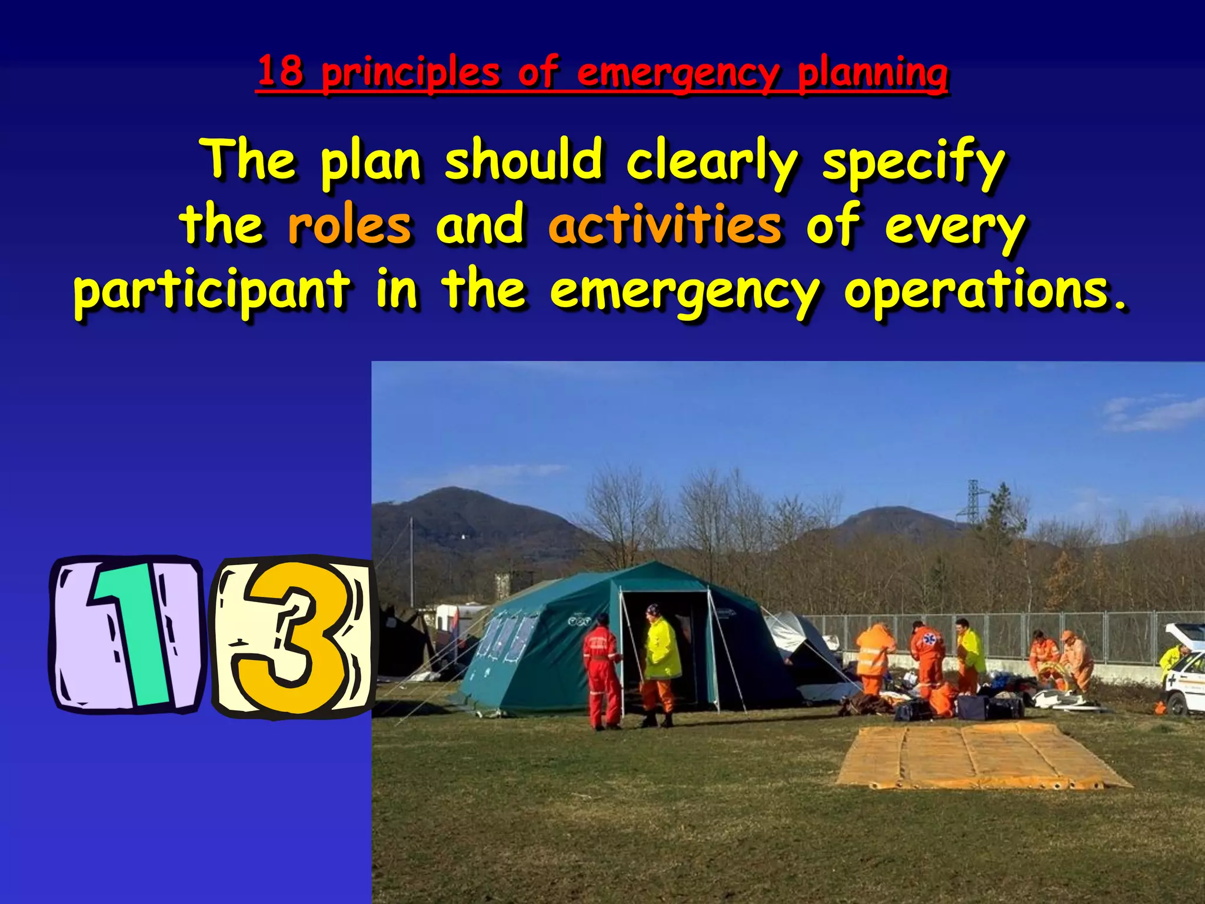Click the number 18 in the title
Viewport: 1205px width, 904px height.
281,72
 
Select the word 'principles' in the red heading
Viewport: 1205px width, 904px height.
411,74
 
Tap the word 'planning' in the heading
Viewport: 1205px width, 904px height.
873,74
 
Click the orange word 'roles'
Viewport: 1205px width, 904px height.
349,226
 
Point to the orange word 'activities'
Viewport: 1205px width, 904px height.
665,226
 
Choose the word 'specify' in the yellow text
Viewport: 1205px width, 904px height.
914,162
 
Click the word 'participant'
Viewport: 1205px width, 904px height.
212,291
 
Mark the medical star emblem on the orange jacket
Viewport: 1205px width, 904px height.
929,637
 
